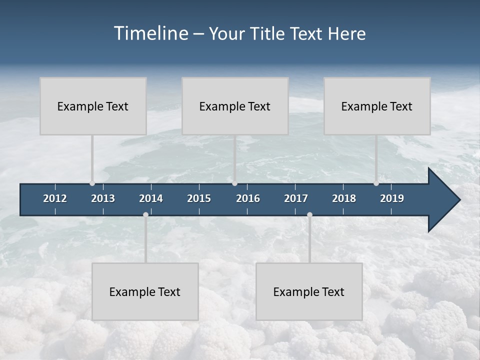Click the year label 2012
[55, 198]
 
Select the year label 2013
[103, 198]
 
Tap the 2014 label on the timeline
[151, 198]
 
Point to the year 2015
[199, 198]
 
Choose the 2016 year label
[248, 198]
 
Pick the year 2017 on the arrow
[296, 198]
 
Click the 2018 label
[344, 198]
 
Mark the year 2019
[392, 198]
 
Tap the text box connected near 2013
[93, 106]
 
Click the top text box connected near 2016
[235, 106]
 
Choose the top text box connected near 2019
[377, 106]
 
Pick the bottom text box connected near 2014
[145, 291]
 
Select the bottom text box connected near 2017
[309, 291]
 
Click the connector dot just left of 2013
[92, 183]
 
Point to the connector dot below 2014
[145, 215]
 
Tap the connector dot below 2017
[309, 215]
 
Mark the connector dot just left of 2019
[376, 183]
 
